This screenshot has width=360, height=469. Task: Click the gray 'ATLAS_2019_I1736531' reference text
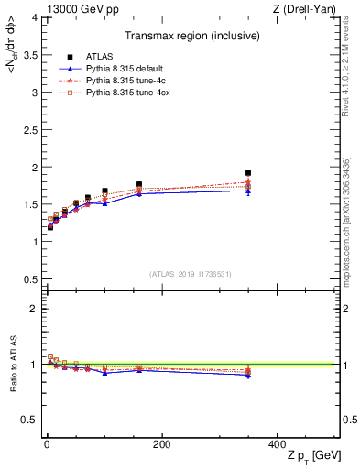tap(190, 274)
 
